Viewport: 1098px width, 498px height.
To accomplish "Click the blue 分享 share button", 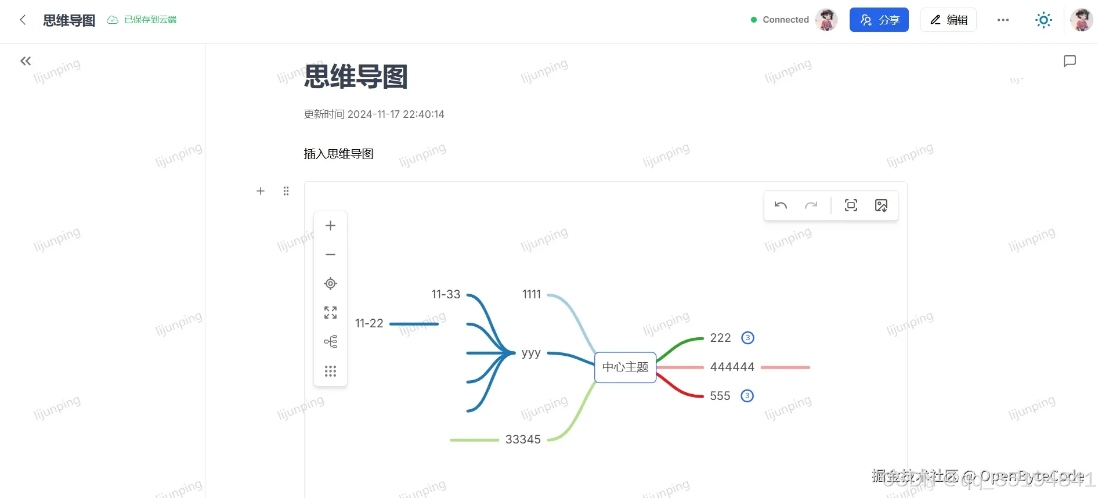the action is coord(879,20).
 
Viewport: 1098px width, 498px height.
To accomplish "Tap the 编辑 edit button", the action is coord(948,20).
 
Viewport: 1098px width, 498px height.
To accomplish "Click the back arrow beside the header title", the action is coord(23,20).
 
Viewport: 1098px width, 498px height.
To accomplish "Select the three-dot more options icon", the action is coord(1003,20).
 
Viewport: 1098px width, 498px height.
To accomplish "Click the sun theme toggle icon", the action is coord(1043,20).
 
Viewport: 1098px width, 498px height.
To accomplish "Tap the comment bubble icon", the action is coord(1070,61).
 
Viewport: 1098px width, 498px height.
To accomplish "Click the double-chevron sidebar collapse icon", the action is coord(26,61).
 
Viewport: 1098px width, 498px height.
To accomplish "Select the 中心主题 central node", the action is coord(625,367).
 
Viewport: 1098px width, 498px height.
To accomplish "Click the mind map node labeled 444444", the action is coord(732,367).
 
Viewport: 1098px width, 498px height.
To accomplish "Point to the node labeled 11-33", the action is coord(446,295).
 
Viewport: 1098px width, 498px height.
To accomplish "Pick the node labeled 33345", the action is coord(523,440).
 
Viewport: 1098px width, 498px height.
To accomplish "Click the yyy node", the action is coord(531,353).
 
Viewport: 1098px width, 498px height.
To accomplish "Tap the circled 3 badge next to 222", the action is coord(748,338).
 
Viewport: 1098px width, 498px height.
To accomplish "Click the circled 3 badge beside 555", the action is coord(747,396).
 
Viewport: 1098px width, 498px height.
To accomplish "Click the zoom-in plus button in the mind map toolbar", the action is coord(330,226).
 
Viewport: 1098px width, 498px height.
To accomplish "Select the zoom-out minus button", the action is coord(330,255).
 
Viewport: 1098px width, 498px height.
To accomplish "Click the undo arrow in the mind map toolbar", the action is coord(781,205).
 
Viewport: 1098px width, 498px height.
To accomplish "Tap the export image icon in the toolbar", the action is coord(881,205).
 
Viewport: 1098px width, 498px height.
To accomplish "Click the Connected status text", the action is coord(785,20).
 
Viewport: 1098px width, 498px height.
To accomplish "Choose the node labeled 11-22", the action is coord(369,324).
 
